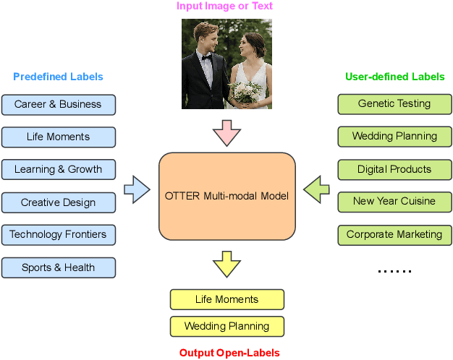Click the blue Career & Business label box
[x=59, y=104]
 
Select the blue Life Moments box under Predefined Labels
[x=59, y=137]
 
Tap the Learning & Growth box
[x=59, y=170]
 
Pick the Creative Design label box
[x=59, y=202]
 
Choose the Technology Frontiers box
[x=59, y=235]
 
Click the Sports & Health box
[x=59, y=267]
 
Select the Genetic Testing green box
[x=394, y=104]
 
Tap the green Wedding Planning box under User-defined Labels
[x=394, y=137]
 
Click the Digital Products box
[x=394, y=170]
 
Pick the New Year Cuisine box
[x=394, y=201]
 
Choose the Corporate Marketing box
[x=394, y=235]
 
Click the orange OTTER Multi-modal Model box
[x=226, y=196]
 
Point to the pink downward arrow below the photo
[x=226, y=132]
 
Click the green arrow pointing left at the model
[x=316, y=191]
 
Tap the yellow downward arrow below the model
[x=226, y=264]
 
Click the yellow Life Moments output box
[x=226, y=299]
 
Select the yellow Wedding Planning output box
[x=226, y=326]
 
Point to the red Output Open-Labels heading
[x=229, y=353]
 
